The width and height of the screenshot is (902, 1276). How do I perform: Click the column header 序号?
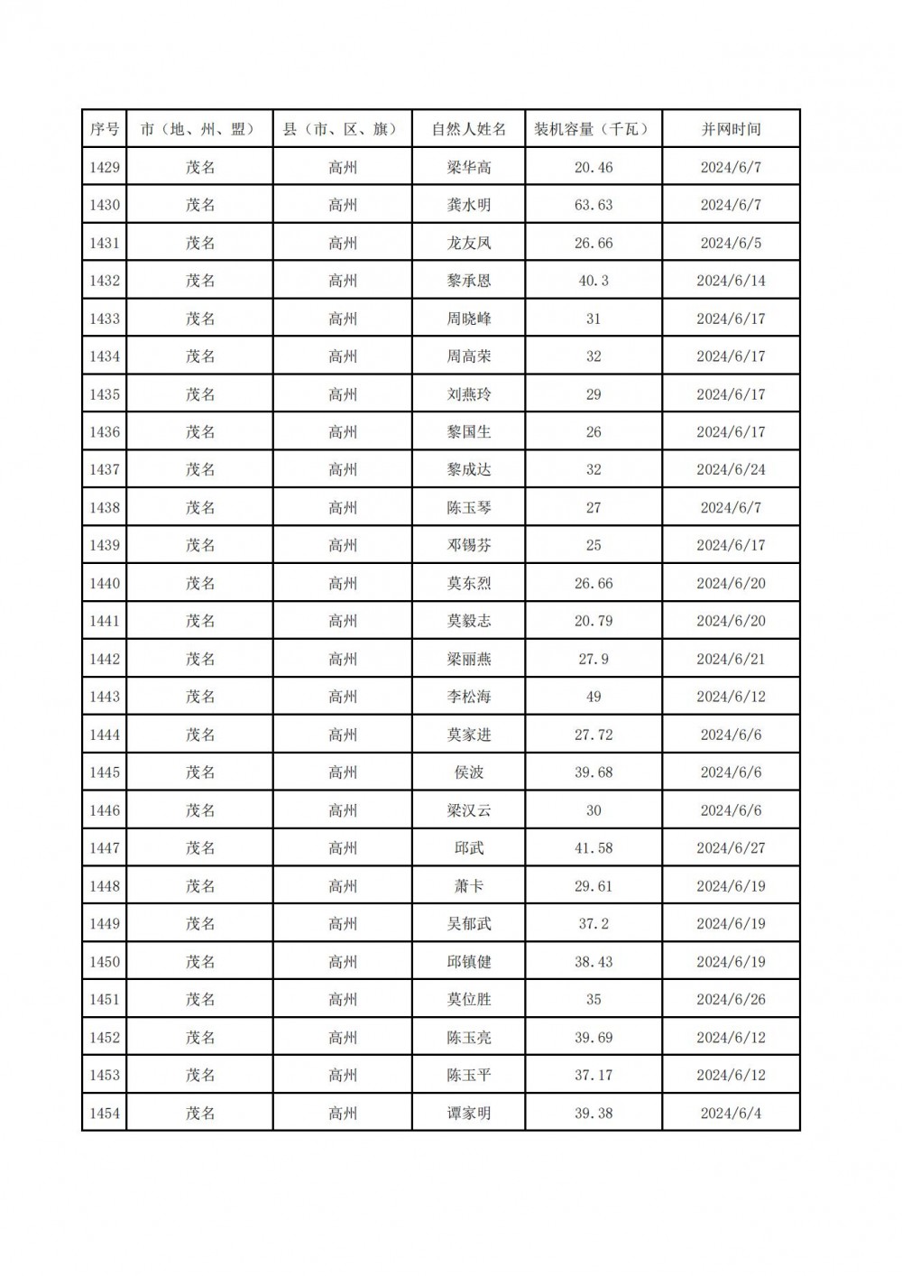click(105, 129)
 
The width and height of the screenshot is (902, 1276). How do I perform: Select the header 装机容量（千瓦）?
click(593, 129)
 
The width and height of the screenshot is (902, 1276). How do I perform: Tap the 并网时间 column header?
click(731, 129)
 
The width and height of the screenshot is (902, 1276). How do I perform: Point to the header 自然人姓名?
click(469, 129)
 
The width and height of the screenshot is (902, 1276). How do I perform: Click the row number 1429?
click(105, 167)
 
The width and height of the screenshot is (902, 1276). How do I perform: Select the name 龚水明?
click(469, 205)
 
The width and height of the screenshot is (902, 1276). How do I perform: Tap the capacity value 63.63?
click(593, 205)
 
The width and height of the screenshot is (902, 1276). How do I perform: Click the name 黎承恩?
click(469, 281)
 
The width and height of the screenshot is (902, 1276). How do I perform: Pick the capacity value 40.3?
click(593, 281)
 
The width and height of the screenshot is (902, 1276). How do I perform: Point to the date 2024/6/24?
click(731, 469)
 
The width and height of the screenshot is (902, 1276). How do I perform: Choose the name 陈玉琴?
click(469, 507)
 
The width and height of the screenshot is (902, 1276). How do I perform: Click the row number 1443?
click(105, 697)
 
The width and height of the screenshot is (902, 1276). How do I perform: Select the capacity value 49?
click(593, 697)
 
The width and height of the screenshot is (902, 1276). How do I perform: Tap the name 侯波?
click(469, 772)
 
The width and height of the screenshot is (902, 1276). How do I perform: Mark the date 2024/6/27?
click(731, 848)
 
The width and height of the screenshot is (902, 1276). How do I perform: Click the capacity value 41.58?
click(593, 848)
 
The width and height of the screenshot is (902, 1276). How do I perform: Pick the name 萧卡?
click(469, 886)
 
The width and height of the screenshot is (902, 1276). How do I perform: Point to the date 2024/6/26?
click(731, 1000)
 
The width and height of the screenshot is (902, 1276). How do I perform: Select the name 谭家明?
click(469, 1114)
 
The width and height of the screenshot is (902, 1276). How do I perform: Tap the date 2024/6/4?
click(731, 1114)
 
